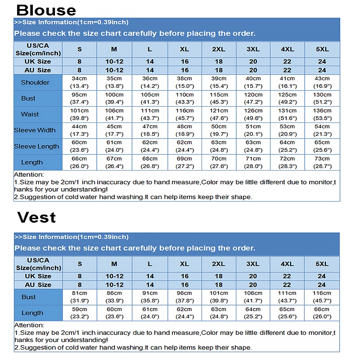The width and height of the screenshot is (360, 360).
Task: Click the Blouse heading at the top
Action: pos(46,10)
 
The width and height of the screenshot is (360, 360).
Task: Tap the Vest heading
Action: pos(36,217)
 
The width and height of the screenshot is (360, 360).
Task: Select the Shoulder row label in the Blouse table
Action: pos(35,82)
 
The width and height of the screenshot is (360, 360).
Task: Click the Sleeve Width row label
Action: pos(35,130)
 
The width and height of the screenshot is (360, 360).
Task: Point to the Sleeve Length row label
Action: pos(36,146)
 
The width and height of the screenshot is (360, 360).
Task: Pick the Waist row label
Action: pos(30,114)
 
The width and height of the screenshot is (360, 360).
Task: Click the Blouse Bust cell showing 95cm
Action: pos(80,99)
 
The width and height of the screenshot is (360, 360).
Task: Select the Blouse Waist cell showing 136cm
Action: pos(322,114)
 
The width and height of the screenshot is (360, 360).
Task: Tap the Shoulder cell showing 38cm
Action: pos(184,82)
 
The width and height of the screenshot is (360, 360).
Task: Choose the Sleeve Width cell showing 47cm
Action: pos(150,130)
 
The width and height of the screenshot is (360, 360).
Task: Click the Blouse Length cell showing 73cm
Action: pos(322,162)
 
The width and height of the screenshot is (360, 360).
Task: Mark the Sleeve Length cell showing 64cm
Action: pos(287,146)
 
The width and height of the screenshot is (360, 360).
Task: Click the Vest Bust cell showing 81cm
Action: pos(80,297)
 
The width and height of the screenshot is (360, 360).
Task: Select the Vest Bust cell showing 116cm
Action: pos(322,297)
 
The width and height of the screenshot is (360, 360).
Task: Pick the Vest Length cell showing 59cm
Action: pos(80,313)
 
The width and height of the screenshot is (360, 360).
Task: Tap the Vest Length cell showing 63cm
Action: pos(219,313)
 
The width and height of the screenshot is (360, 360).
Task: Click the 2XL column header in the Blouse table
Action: pos(219,49)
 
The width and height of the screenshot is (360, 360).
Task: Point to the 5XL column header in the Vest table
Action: pos(322,264)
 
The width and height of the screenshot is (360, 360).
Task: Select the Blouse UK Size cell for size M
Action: pos(114,62)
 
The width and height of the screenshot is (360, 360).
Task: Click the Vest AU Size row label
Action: pos(38,285)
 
